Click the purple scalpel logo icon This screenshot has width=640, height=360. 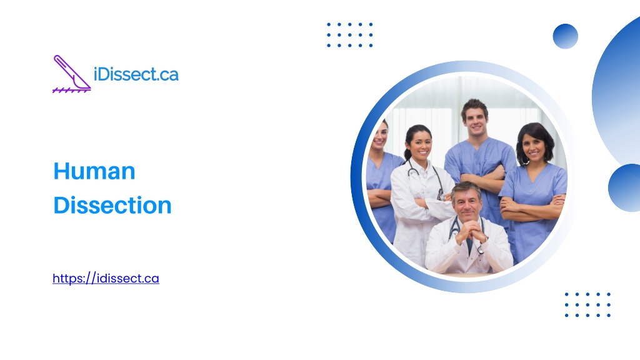coord(72,74)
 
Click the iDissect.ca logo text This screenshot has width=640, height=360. coord(136,74)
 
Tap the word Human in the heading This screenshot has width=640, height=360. coord(94,171)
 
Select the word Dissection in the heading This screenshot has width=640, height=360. coord(112,205)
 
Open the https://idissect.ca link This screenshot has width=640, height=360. coord(106,278)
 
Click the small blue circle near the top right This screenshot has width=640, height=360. coord(565,36)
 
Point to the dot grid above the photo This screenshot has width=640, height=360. coord(350,35)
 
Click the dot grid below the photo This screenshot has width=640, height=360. coord(587,304)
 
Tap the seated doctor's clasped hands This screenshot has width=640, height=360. coord(470,231)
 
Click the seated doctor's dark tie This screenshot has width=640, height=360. coord(469,244)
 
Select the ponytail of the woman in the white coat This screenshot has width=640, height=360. coord(406,152)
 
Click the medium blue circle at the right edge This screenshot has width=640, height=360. coord(624,187)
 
